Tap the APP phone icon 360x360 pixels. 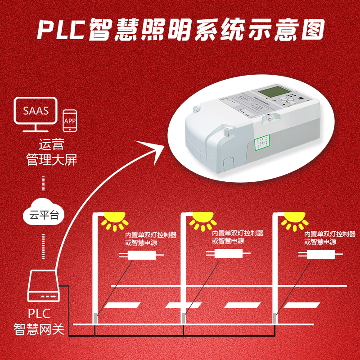[70, 121]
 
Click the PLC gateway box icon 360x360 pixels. [43, 286]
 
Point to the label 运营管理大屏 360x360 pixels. [52, 152]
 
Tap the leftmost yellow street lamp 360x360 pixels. [113, 220]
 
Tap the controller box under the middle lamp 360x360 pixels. [228, 253]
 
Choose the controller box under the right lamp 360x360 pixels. [321, 255]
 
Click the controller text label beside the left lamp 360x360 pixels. [151, 238]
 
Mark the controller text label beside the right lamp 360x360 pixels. [330, 238]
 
